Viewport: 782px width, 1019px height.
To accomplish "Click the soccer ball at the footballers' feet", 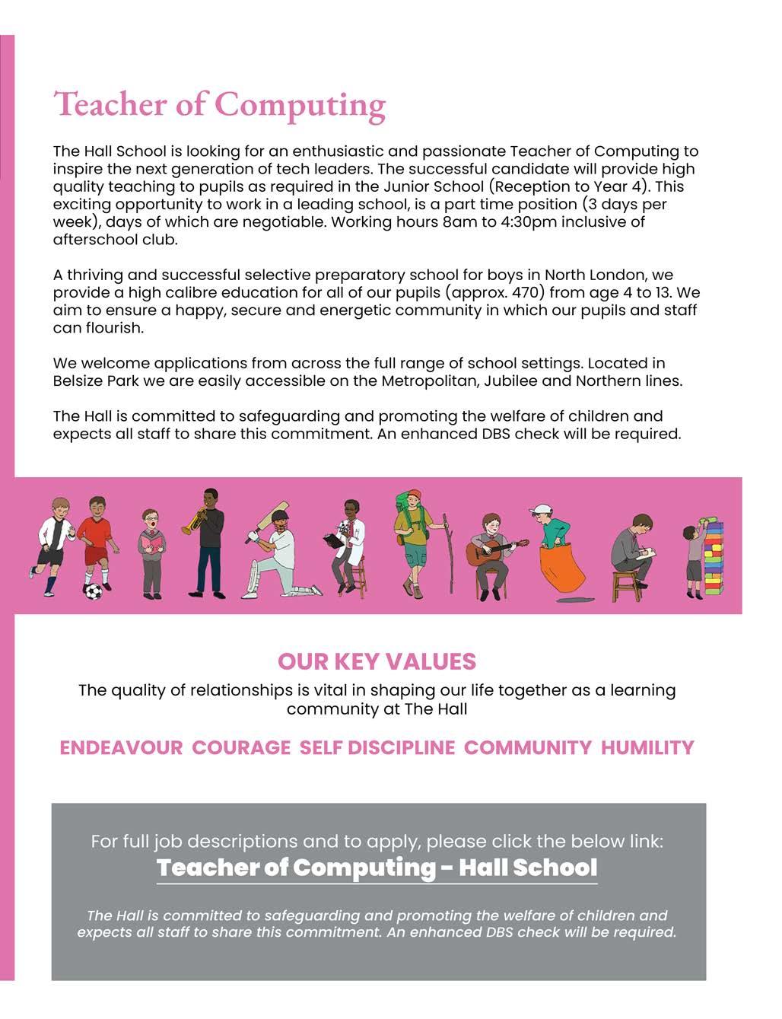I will [x=93, y=591].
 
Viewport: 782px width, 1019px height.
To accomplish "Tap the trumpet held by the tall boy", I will [x=191, y=524].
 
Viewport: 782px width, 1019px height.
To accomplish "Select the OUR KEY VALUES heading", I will [x=377, y=661].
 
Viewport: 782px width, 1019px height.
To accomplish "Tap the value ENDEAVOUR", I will [x=121, y=748].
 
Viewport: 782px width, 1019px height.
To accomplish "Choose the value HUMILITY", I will [x=647, y=748].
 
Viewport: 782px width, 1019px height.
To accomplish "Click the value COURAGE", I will [x=241, y=748].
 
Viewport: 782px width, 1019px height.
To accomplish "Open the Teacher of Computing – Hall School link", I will [x=377, y=868].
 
